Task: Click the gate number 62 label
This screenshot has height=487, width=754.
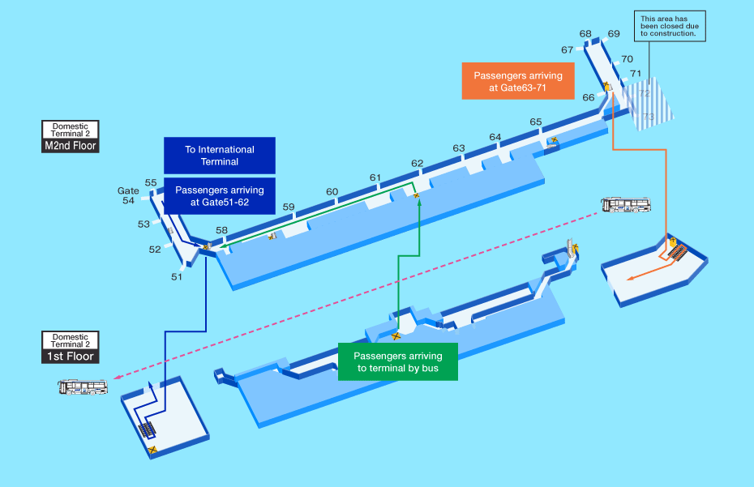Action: [x=417, y=163]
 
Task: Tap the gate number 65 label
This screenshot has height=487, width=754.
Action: [x=536, y=122]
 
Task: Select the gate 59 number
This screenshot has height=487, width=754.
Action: [x=289, y=207]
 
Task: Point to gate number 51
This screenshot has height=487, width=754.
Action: [x=177, y=276]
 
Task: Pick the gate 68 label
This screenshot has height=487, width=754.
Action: [x=585, y=34]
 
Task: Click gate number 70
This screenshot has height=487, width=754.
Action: [x=627, y=59]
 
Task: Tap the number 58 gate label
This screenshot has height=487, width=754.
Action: [x=221, y=230]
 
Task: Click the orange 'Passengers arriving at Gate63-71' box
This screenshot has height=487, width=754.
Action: [x=518, y=81]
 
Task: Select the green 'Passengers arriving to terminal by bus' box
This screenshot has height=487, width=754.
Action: [x=398, y=361]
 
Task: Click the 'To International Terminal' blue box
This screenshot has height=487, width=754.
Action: [x=219, y=155]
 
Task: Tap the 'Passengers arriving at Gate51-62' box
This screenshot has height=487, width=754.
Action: [x=219, y=196]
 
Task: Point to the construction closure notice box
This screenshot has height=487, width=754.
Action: [x=669, y=26]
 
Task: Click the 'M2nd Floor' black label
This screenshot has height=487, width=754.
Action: [x=71, y=146]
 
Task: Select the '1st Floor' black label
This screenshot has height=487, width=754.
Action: [x=71, y=357]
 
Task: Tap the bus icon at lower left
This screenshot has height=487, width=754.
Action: [x=84, y=387]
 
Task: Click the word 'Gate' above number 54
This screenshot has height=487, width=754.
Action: [x=129, y=191]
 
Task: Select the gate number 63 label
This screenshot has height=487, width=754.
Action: [x=459, y=148]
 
